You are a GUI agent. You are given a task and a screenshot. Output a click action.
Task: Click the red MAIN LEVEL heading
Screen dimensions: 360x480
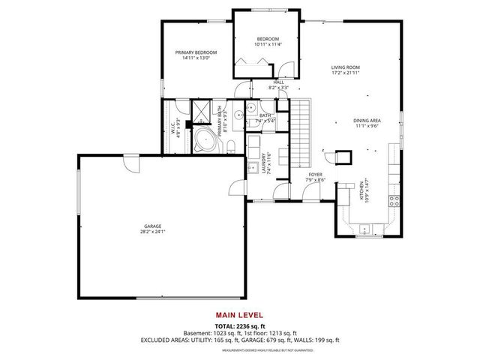pyautogui.click(x=239, y=314)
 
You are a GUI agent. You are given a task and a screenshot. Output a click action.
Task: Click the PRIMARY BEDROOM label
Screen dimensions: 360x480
pyautogui.click(x=196, y=52)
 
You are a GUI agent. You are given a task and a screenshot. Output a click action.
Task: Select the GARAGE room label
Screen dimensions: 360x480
pyautogui.click(x=153, y=226)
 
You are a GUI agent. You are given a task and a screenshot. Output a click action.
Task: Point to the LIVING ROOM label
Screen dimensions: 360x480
pyautogui.click(x=346, y=68)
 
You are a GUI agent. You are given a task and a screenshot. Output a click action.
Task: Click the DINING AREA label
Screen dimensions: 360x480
pyautogui.click(x=367, y=120)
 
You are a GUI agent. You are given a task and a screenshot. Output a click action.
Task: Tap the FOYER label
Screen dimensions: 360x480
pyautogui.click(x=315, y=175)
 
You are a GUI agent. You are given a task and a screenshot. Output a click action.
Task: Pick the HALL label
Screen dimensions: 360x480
pyautogui.click(x=278, y=82)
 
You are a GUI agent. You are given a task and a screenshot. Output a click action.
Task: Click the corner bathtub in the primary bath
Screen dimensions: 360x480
pyautogui.click(x=204, y=140)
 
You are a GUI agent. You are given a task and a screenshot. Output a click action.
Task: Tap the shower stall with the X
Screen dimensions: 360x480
pyautogui.click(x=202, y=111)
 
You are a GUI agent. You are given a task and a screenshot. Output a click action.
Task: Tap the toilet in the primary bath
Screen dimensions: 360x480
pyautogui.click(x=231, y=145)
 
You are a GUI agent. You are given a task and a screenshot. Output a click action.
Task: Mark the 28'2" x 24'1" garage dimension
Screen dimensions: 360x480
pyautogui.click(x=153, y=232)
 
